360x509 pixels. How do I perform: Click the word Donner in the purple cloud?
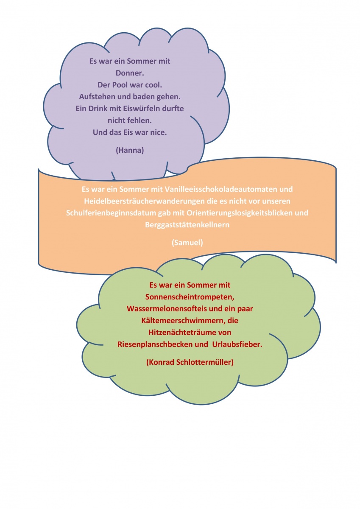(129, 73)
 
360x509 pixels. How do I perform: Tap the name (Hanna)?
(130, 150)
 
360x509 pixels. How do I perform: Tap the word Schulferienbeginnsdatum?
(111, 213)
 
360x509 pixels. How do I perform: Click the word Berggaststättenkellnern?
(187, 225)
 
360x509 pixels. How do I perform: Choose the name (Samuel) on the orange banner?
(187, 243)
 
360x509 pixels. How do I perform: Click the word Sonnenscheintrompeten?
(190, 297)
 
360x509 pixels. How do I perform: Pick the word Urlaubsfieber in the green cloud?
(237, 344)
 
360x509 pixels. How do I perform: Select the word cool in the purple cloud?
(154, 85)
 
